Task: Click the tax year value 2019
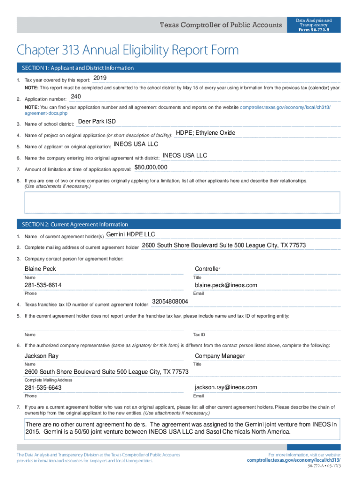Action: coord(100,78)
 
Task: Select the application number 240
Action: coord(76,97)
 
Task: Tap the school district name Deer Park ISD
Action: coord(97,122)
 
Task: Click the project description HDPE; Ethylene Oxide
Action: coord(205,133)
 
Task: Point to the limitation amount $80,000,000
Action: coord(151,167)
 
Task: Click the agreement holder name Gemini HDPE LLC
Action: coord(130,234)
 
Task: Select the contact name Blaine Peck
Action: coord(40,269)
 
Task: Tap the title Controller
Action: coord(208,269)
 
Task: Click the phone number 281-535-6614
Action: coord(43,285)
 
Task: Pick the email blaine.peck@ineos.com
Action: coord(226,285)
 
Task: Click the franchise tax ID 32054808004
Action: coord(170,302)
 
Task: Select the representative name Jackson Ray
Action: coord(42,356)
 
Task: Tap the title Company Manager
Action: coord(220,356)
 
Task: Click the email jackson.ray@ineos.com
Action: coord(226,387)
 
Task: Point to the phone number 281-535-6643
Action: coord(43,388)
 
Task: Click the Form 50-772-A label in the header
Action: coord(313,30)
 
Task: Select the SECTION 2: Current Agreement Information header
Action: coord(72,225)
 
